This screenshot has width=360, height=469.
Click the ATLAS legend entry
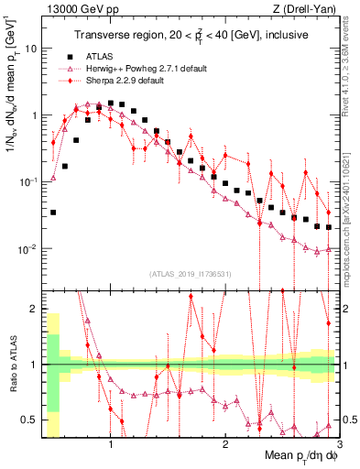pyautogui.click(x=98, y=58)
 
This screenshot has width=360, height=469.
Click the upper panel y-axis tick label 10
pyautogui.click(x=30, y=49)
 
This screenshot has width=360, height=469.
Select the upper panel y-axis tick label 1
pyautogui.click(x=34, y=116)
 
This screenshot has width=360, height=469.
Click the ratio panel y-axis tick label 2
pyautogui.click(x=34, y=309)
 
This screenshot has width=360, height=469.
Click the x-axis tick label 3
pyautogui.click(x=338, y=447)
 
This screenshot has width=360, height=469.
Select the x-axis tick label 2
pyautogui.click(x=224, y=447)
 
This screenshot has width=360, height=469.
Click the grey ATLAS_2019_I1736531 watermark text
pyautogui.click(x=191, y=273)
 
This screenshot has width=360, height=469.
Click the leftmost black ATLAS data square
pyautogui.click(x=53, y=212)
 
